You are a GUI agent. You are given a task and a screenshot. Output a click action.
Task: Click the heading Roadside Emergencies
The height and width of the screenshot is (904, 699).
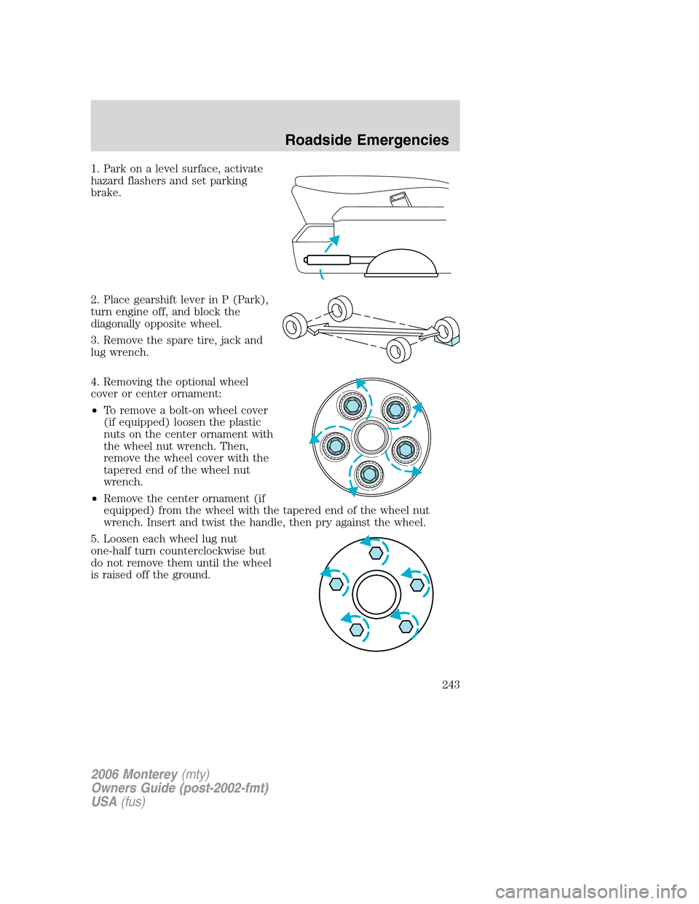click(x=366, y=140)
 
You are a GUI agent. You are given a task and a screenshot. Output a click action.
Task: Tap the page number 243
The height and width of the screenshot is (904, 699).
click(x=450, y=684)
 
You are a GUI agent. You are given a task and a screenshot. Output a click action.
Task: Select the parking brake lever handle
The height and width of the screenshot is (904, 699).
click(x=328, y=260)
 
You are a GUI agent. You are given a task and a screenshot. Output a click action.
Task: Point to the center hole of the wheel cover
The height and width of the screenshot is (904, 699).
click(x=371, y=438)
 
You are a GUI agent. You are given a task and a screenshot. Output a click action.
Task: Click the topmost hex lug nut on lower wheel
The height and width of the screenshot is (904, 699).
click(x=376, y=553)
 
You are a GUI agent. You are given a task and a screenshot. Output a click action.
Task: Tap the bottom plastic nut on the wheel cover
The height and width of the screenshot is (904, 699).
click(x=369, y=475)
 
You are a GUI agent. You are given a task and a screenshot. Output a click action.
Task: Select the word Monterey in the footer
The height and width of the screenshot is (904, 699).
click(x=150, y=774)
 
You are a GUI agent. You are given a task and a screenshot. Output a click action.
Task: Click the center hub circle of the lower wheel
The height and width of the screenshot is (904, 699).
click(x=376, y=594)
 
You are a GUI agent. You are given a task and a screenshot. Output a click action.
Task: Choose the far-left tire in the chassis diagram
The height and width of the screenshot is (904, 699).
click(x=294, y=325)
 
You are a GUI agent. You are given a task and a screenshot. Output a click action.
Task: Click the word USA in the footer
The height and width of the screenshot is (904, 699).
click(x=103, y=801)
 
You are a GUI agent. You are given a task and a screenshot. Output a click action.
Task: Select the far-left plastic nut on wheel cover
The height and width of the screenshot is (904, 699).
click(x=336, y=445)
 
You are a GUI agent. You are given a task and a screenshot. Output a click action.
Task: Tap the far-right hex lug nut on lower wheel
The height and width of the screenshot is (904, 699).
click(x=417, y=584)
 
